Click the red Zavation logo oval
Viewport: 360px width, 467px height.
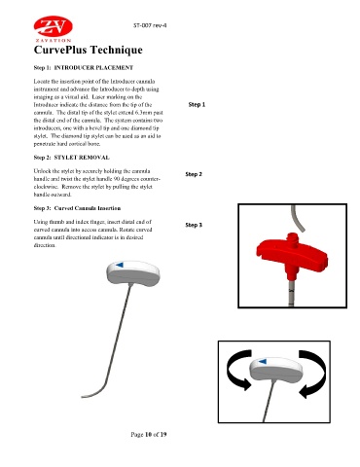pyautogui.click(x=54, y=26)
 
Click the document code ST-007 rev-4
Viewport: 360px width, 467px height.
pyautogui.click(x=150, y=25)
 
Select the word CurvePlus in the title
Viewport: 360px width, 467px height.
pyautogui.click(x=60, y=50)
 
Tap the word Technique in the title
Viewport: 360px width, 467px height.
pyautogui.click(x=116, y=50)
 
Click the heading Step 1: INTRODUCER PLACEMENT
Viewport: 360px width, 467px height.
pyautogui.click(x=84, y=68)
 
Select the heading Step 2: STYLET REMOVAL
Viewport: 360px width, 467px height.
pyautogui.click(x=71, y=158)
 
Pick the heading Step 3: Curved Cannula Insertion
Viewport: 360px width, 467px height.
pyautogui.click(x=77, y=208)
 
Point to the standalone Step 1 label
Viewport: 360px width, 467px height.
pyautogui.click(x=197, y=105)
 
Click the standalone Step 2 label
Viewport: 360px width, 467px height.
pyautogui.click(x=194, y=174)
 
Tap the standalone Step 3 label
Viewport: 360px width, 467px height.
pyautogui.click(x=194, y=225)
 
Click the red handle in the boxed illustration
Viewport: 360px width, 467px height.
pyautogui.click(x=292, y=256)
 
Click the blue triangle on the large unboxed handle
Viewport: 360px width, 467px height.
pyautogui.click(x=120, y=265)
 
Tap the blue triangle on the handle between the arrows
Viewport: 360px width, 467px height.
pyautogui.click(x=263, y=361)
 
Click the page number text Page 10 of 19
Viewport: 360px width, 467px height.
pyautogui.click(x=149, y=434)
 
